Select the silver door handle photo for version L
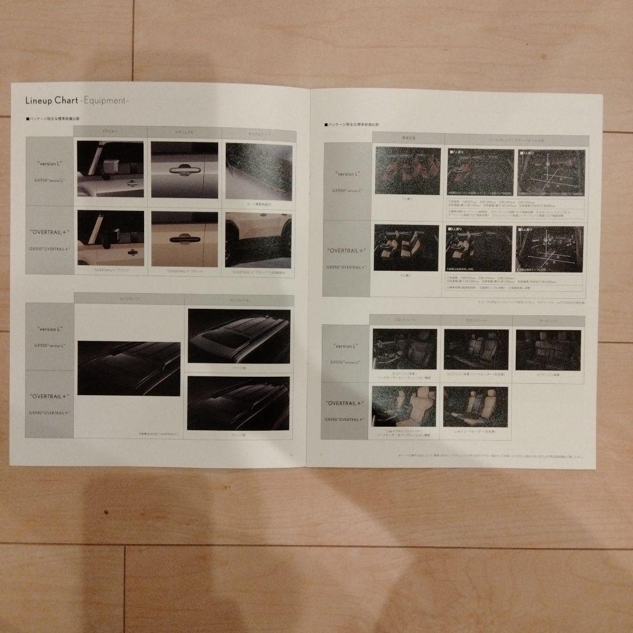click(x=184, y=169)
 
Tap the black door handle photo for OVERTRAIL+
click(x=184, y=239)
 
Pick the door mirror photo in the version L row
click(x=110, y=169)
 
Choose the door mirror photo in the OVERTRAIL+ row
click(x=110, y=239)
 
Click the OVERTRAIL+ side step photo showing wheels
click(x=258, y=239)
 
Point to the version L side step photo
click(x=258, y=169)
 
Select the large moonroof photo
click(x=128, y=368)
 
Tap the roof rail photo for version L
click(x=239, y=336)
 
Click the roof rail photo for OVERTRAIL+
click(x=239, y=403)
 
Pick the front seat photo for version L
click(x=404, y=349)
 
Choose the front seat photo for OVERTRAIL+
click(x=404, y=406)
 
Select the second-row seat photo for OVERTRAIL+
click(x=475, y=406)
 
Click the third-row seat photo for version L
click(x=547, y=349)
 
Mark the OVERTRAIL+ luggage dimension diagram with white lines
click(x=549, y=249)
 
